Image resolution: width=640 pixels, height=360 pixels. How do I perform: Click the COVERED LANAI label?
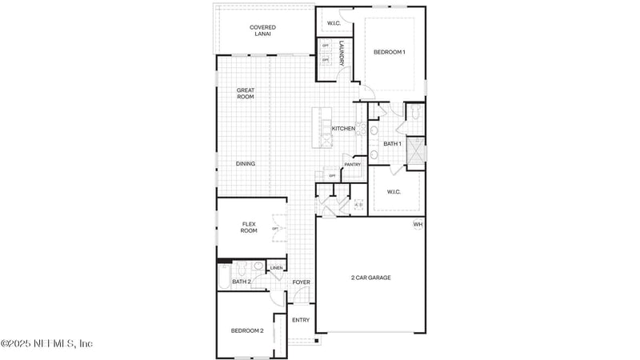coord(262,31)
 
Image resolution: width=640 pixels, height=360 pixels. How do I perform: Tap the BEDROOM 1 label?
coord(390,52)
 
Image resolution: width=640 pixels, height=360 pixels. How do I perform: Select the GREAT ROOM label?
coord(245,93)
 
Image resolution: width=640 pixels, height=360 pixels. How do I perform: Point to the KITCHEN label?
coord(344,129)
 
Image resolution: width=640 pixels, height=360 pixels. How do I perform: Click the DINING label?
coord(246,164)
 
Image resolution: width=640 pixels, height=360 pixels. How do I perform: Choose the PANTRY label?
coord(353,165)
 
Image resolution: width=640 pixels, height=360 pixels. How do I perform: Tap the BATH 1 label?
coord(391,144)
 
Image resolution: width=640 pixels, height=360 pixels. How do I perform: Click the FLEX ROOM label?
coord(250,226)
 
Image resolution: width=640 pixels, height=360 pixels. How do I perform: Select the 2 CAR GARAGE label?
coord(370,278)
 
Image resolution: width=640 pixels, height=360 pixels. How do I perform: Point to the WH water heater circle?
coord(418,225)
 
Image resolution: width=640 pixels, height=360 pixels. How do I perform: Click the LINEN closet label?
coord(276,268)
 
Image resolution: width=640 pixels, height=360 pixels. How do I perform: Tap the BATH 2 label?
coord(242,282)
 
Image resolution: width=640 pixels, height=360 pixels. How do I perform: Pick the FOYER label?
coord(301,282)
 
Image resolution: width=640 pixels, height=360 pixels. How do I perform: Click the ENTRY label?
coord(301,320)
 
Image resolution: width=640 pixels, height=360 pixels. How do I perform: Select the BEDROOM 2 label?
coord(247,330)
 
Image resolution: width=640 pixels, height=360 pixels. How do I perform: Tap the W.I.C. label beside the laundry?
coord(334,23)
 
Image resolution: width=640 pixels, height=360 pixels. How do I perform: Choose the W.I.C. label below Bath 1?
coord(394,191)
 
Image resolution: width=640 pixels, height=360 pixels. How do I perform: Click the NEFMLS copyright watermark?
coord(46,344)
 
